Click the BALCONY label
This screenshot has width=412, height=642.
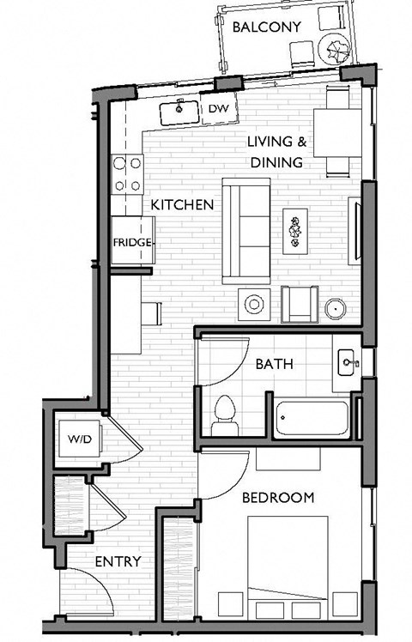(267, 27)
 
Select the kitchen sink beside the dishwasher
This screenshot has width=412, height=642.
(180, 110)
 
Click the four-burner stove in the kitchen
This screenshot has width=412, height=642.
(127, 173)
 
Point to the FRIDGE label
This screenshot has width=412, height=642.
(132, 243)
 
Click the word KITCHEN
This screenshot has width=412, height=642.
(182, 205)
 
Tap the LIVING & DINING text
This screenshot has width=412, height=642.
(276, 152)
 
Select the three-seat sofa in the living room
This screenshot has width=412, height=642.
(246, 230)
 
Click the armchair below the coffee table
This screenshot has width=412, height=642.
(300, 306)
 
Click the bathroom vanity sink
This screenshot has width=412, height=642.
(347, 363)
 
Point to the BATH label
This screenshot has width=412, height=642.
(274, 364)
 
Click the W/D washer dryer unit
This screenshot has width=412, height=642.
(79, 440)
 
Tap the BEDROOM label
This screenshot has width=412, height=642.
(276, 497)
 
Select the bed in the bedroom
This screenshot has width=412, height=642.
(288, 566)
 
